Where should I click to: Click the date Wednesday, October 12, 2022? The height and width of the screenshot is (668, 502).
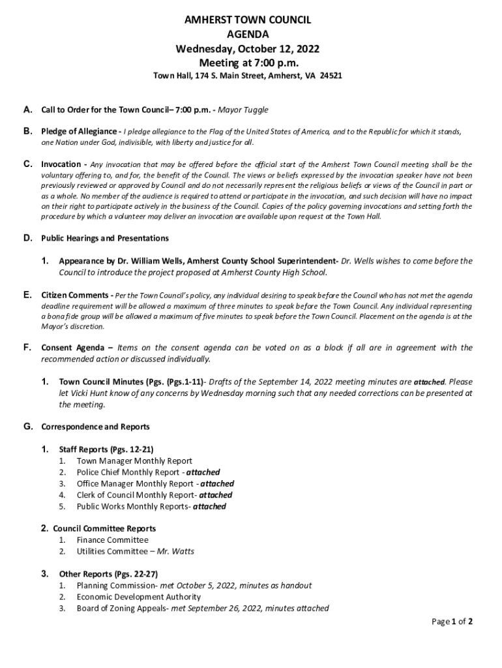pyautogui.click(x=247, y=49)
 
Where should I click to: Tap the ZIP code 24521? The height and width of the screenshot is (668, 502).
pyautogui.click(x=331, y=76)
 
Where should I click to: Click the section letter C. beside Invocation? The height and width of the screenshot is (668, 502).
pyautogui.click(x=28, y=164)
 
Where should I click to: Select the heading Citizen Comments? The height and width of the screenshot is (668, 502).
pyautogui.click(x=74, y=295)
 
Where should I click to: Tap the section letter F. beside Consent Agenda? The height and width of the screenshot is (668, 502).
pyautogui.click(x=28, y=348)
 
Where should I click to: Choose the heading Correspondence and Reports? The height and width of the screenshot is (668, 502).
pyautogui.click(x=95, y=427)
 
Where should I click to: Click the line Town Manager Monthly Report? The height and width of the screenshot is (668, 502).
pyautogui.click(x=134, y=461)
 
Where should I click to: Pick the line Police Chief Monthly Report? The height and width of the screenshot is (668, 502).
pyautogui.click(x=128, y=472)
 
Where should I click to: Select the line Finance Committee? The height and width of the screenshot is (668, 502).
pyautogui.click(x=112, y=540)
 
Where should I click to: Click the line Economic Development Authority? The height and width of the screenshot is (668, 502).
pyautogui.click(x=138, y=597)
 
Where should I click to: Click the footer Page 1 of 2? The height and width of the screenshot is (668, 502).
pyautogui.click(x=452, y=622)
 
